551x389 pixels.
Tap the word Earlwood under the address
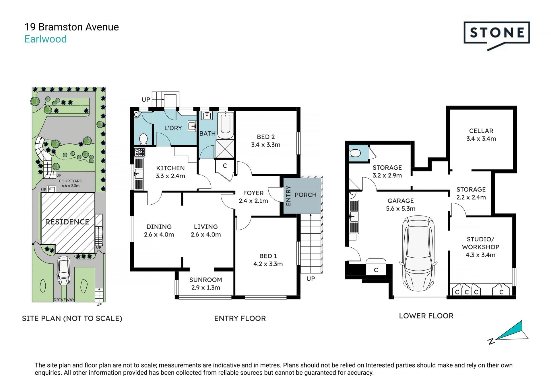click(45, 39)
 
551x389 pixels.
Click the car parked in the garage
click(418, 254)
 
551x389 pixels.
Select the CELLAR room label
click(481, 131)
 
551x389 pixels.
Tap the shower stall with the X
click(225, 149)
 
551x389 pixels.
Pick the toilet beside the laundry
click(143, 139)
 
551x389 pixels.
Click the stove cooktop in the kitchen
click(139, 152)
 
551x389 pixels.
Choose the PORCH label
click(306, 195)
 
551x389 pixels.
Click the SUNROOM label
click(205, 280)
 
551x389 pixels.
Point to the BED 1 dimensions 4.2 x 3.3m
click(268, 264)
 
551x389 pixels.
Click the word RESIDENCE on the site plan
click(67, 222)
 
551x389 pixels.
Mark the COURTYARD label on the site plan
click(71, 181)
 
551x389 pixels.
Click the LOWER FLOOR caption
click(426, 316)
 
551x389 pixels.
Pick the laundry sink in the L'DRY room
click(192, 126)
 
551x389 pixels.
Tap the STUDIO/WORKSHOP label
click(481, 243)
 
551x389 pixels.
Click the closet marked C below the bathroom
click(225, 166)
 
